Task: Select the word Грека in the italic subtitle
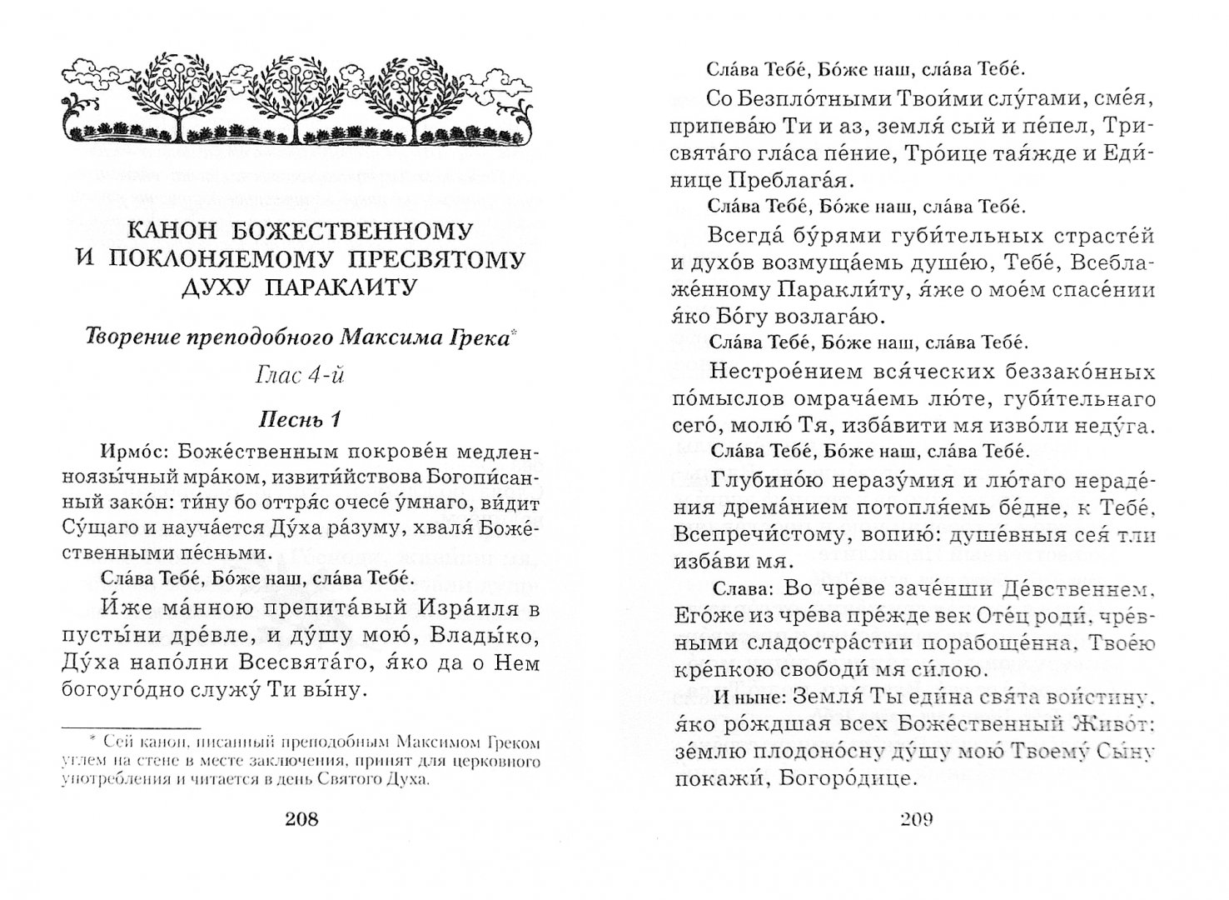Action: [476, 339]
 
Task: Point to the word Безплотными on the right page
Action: [808, 97]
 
